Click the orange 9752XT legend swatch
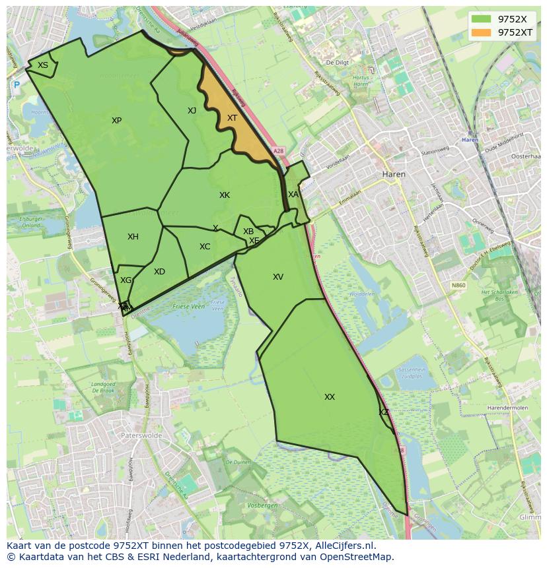pyautogui.click(x=482, y=32)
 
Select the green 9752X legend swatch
pyautogui.click(x=482, y=19)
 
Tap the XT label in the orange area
pyautogui.click(x=232, y=118)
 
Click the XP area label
pyautogui.click(x=116, y=121)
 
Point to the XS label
pyautogui.click(x=42, y=65)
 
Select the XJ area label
pyautogui.click(x=192, y=111)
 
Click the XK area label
pyautogui.click(x=225, y=195)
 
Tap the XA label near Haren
pyautogui.click(x=293, y=195)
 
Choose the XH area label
pyautogui.click(x=133, y=237)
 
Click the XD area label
pyautogui.click(x=159, y=272)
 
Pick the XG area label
pyautogui.click(x=126, y=280)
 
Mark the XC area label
pyautogui.click(x=205, y=247)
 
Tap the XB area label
pyautogui.click(x=248, y=232)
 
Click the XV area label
pyautogui.click(x=278, y=277)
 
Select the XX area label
pyautogui.click(x=330, y=397)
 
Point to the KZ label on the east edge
pyautogui.click(x=384, y=412)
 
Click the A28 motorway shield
pyautogui.click(x=278, y=151)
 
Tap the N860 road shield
pyautogui.click(x=458, y=285)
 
